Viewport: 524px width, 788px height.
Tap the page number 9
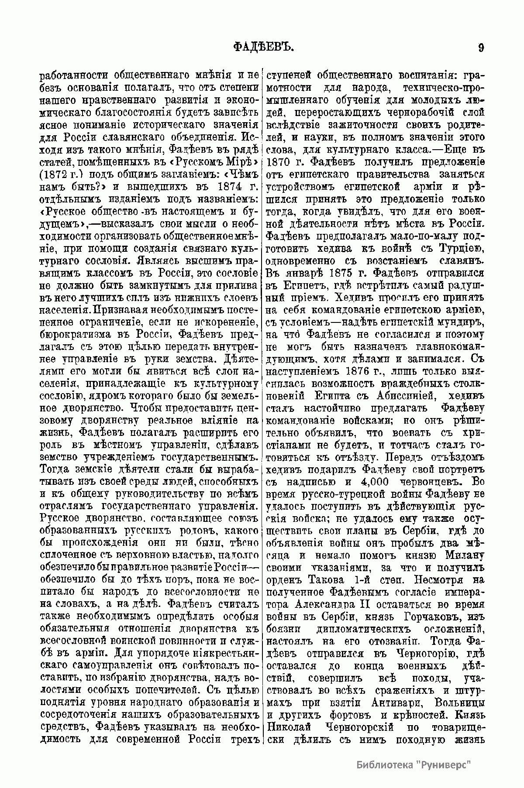(481, 47)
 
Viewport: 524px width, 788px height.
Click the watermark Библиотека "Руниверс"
(415, 764)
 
